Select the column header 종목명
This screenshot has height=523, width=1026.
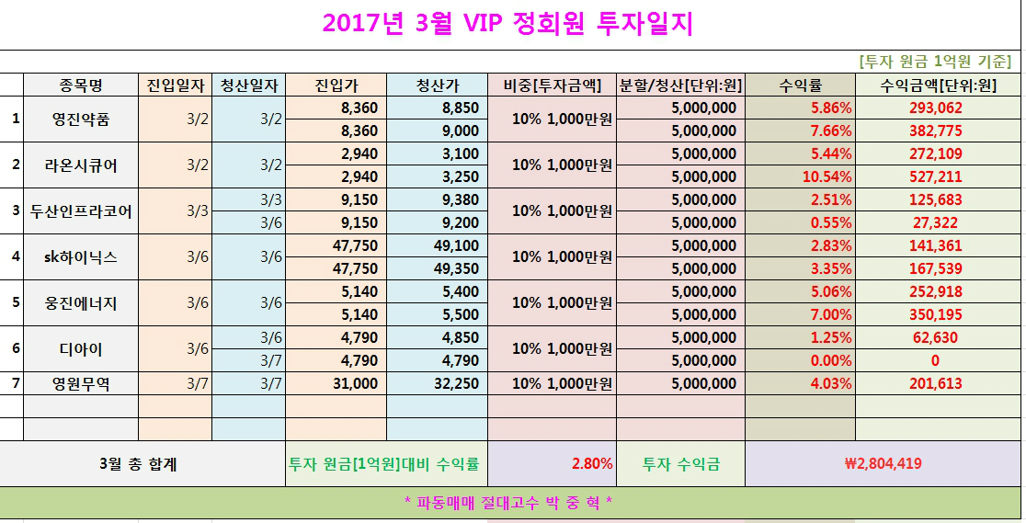[x=80, y=85]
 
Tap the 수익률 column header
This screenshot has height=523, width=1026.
[x=799, y=85]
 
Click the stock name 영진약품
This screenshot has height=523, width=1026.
[x=80, y=119]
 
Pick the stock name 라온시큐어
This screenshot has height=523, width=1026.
[x=80, y=165]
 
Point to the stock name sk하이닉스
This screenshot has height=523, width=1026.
[x=80, y=257]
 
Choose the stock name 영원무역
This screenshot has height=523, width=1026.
[x=80, y=383]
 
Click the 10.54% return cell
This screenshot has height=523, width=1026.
[x=827, y=176]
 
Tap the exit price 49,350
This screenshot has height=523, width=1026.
[x=454, y=268]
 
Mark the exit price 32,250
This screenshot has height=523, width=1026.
[x=454, y=383]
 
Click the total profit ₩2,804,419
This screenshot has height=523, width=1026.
[x=882, y=464]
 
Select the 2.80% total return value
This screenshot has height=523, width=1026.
[x=592, y=464]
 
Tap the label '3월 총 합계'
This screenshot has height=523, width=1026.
[x=137, y=464]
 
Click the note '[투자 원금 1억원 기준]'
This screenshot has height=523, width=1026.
[x=934, y=62]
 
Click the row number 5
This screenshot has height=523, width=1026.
[x=15, y=301]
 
